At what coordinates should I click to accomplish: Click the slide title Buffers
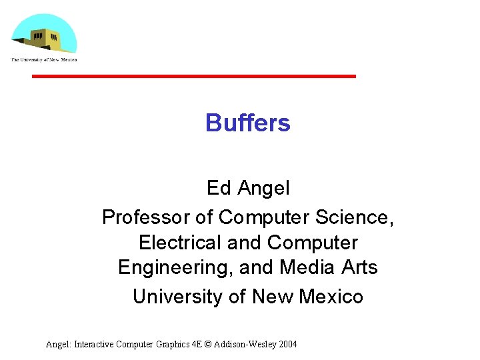tap(247, 123)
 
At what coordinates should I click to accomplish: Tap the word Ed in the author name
tap(218, 189)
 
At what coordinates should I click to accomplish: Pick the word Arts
tap(360, 268)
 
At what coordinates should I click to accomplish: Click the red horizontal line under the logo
tap(194, 77)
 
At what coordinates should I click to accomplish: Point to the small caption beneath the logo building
tap(44, 60)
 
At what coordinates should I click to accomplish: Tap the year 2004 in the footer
tap(287, 345)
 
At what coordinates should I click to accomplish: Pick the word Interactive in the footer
tap(94, 345)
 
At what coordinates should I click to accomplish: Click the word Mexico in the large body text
tap(331, 297)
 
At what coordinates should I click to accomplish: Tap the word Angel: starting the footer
tap(58, 345)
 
